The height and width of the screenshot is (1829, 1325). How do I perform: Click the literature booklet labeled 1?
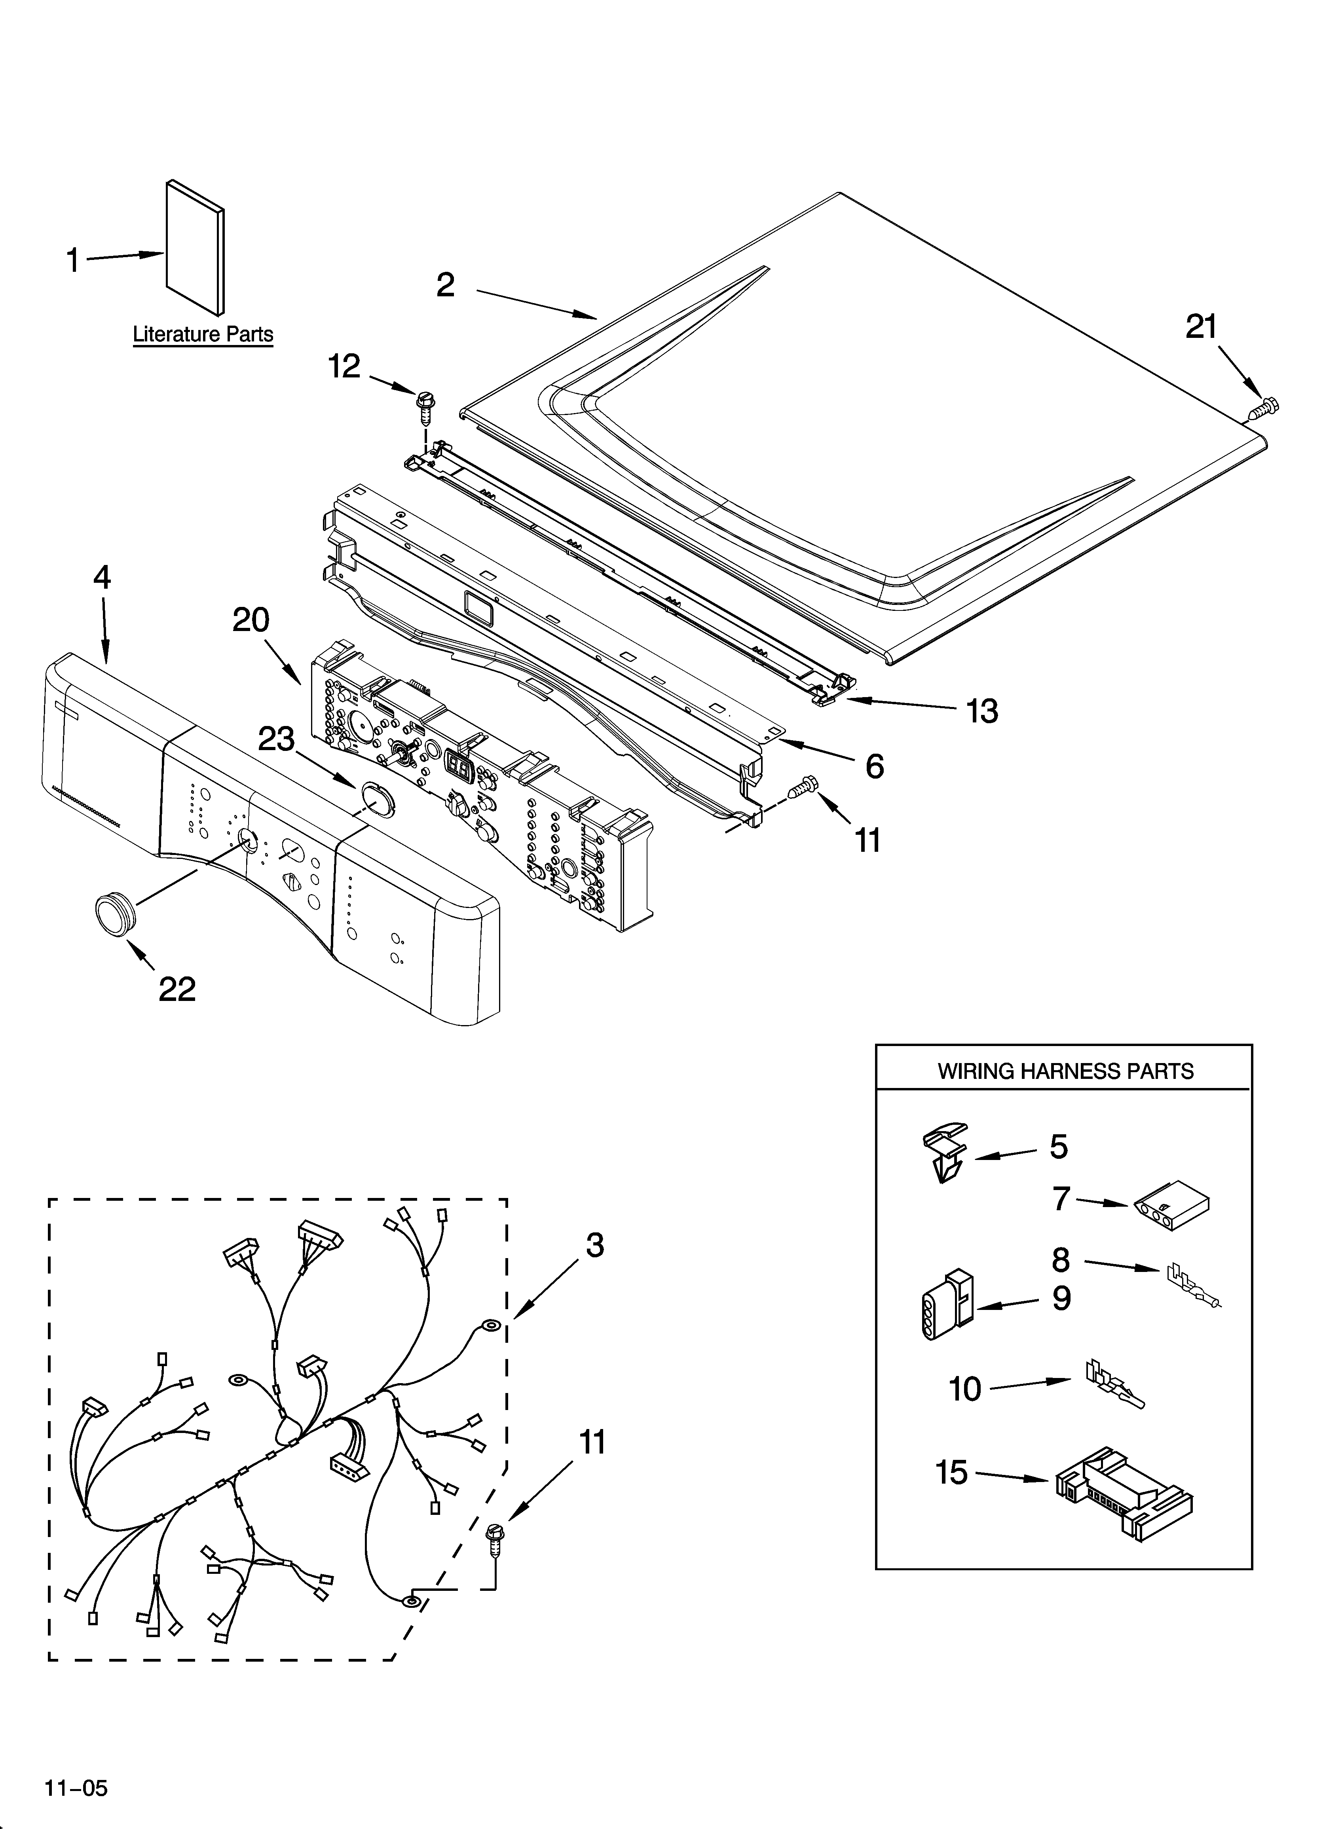click(x=194, y=247)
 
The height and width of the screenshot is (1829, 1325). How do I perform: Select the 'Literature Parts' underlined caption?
click(x=203, y=335)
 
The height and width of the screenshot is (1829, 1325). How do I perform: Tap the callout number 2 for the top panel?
click(x=446, y=285)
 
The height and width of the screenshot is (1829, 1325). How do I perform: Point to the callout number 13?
click(x=982, y=711)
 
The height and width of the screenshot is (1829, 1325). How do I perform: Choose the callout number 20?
click(x=251, y=620)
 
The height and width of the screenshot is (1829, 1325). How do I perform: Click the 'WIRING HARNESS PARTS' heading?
click(x=1064, y=1071)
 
